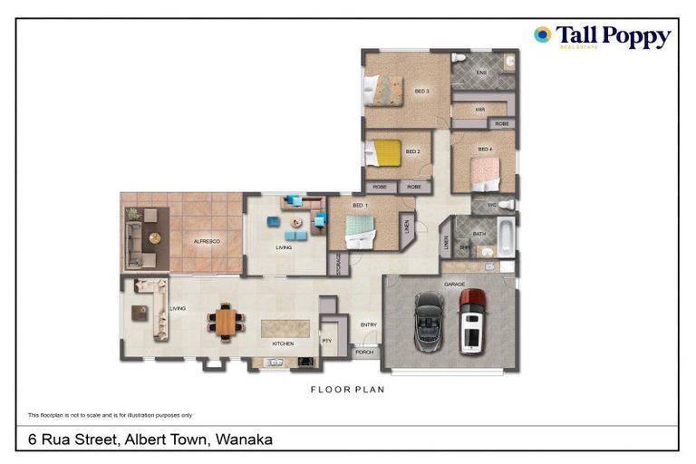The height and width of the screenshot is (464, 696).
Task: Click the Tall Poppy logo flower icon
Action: click(542, 34)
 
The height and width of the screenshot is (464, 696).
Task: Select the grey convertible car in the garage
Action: click(428, 321)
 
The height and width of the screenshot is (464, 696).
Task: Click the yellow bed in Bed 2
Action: click(386, 152)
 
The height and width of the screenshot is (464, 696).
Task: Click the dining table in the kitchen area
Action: click(226, 321)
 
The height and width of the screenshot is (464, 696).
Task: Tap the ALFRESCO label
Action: click(207, 242)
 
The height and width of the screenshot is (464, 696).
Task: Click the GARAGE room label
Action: click(454, 285)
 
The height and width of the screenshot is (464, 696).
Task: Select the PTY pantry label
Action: click(327, 341)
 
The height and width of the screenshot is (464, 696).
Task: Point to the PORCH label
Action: click(363, 353)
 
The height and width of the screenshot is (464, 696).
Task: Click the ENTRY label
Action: click(368, 324)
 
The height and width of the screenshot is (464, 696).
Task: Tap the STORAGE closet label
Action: click(337, 264)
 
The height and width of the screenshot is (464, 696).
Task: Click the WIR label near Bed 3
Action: click(480, 110)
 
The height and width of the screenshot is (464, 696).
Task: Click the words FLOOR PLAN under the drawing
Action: click(347, 390)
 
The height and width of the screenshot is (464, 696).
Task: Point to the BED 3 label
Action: click(421, 91)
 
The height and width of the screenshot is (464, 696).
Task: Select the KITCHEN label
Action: click(284, 344)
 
